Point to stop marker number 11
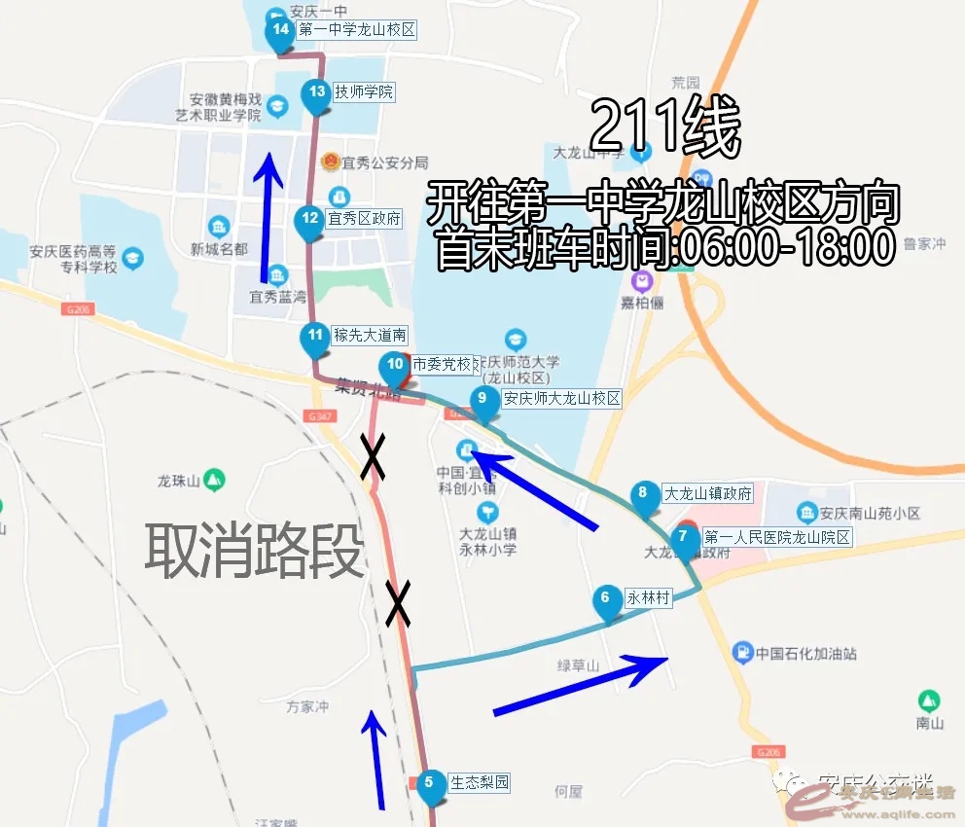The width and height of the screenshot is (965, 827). click(314, 338)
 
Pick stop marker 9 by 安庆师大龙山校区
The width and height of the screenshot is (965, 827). click(482, 400)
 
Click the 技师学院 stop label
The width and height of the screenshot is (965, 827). click(364, 92)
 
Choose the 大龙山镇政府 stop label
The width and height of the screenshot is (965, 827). click(707, 494)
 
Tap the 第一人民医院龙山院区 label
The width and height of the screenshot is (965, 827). click(777, 537)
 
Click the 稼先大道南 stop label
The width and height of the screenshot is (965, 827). click(369, 336)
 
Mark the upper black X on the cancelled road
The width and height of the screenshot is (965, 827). click(372, 455)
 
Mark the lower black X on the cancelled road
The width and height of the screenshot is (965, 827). click(398, 603)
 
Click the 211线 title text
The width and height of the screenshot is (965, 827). click(665, 128)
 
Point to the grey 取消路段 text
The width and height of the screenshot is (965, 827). click(255, 552)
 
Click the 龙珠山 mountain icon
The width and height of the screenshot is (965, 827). click(214, 480)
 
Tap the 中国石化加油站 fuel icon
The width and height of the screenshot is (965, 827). click(742, 653)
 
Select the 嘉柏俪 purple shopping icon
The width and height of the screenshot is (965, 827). click(641, 282)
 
